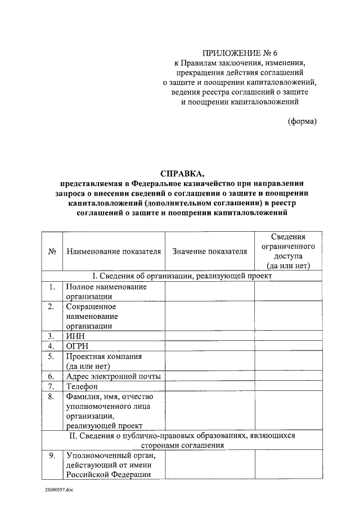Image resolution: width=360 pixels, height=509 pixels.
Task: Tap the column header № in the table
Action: coord(51,251)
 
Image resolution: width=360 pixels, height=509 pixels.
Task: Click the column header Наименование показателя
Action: coord(114,251)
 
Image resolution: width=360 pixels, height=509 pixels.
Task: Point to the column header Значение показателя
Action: coord(209,251)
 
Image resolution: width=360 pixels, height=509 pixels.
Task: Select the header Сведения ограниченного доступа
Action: coord(288,251)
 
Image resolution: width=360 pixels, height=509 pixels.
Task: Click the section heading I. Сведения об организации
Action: coord(182,276)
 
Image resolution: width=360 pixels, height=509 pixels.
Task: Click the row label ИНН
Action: coord(75,336)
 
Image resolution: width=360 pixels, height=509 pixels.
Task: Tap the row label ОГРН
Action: coord(78,345)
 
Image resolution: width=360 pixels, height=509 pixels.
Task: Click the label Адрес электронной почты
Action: coord(113,376)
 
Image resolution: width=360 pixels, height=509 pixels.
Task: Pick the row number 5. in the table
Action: coord(51,356)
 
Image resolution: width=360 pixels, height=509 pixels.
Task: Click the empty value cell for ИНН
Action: coord(209,336)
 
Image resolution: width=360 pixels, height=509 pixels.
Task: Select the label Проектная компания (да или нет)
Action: coord(103,361)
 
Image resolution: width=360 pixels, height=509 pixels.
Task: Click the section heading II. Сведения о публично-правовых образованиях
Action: coord(182,440)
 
